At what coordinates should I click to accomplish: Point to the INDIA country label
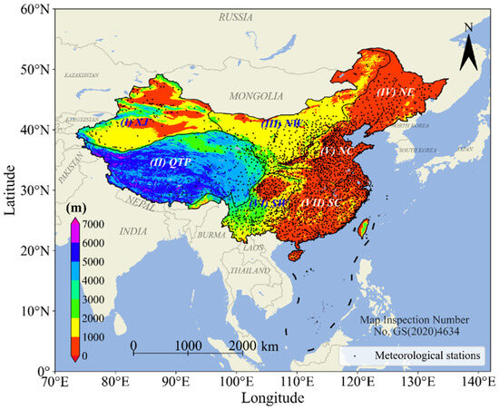point(132,231)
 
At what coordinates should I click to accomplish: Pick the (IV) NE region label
point(396,93)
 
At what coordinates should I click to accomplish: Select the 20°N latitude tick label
point(36,250)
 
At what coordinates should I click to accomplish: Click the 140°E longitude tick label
point(478,382)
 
